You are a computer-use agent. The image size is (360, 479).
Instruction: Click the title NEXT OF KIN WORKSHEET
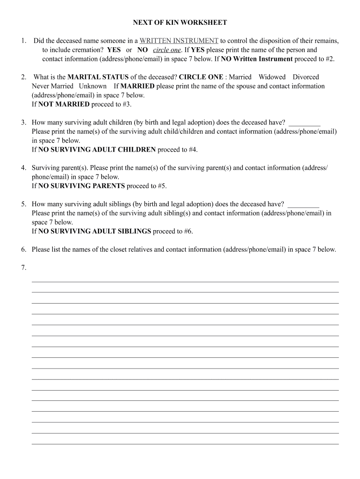coord(180,22)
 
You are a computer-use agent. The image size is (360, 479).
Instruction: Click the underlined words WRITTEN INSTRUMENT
coord(179,41)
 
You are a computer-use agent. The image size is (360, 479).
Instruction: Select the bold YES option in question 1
coord(114,50)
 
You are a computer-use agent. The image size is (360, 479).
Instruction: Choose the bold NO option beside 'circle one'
coord(143,50)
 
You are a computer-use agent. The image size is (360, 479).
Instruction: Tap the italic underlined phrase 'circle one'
coord(167,50)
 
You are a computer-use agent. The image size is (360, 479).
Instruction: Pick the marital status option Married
coord(240,77)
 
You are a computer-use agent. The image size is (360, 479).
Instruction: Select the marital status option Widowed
coord(272,77)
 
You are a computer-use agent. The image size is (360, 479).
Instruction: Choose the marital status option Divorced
coord(306,77)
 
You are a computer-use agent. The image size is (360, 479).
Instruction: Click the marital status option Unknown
coord(93,86)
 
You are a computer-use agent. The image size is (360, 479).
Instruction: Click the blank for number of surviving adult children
coord(304,123)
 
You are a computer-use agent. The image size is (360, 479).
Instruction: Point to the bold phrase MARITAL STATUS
coord(98,77)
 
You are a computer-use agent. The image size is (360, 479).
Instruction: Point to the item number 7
coord(23,268)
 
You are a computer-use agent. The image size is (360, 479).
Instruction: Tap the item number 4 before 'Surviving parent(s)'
coord(23,167)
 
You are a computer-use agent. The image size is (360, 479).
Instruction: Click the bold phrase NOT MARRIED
coord(64,104)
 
